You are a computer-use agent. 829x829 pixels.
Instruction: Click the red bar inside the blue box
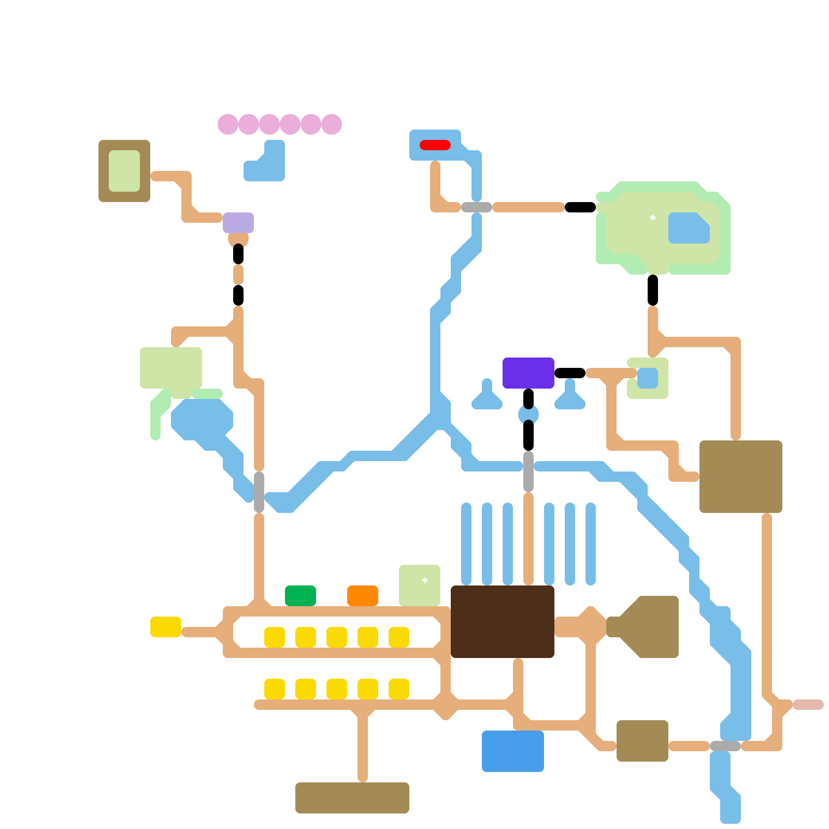point(435,145)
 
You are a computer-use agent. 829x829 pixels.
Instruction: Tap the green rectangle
point(301,596)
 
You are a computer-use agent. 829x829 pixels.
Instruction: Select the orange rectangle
point(363,596)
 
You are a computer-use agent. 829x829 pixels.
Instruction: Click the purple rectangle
point(528,373)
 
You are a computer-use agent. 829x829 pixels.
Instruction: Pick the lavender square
point(238,223)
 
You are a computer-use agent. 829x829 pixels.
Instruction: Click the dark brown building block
point(503,622)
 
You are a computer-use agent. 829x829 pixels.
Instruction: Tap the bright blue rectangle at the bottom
point(513,751)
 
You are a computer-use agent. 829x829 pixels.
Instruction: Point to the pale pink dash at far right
point(808,705)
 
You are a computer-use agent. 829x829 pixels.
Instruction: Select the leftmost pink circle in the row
point(228,124)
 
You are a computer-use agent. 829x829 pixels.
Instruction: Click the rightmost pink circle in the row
point(332,124)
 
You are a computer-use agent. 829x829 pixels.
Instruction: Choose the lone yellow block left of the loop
point(166,627)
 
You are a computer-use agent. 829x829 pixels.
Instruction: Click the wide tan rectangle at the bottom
point(352,798)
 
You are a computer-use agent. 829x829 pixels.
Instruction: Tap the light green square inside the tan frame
point(124,171)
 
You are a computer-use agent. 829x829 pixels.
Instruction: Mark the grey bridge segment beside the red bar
point(477,207)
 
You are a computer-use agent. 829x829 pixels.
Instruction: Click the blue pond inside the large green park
point(688,228)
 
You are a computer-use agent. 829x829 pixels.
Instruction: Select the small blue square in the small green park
point(648,378)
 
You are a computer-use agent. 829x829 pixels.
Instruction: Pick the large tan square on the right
point(741,477)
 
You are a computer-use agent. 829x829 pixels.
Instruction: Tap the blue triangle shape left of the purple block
point(487,399)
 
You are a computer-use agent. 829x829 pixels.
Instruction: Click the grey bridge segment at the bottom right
point(725,746)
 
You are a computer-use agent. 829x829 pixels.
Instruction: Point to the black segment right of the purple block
point(570,373)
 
